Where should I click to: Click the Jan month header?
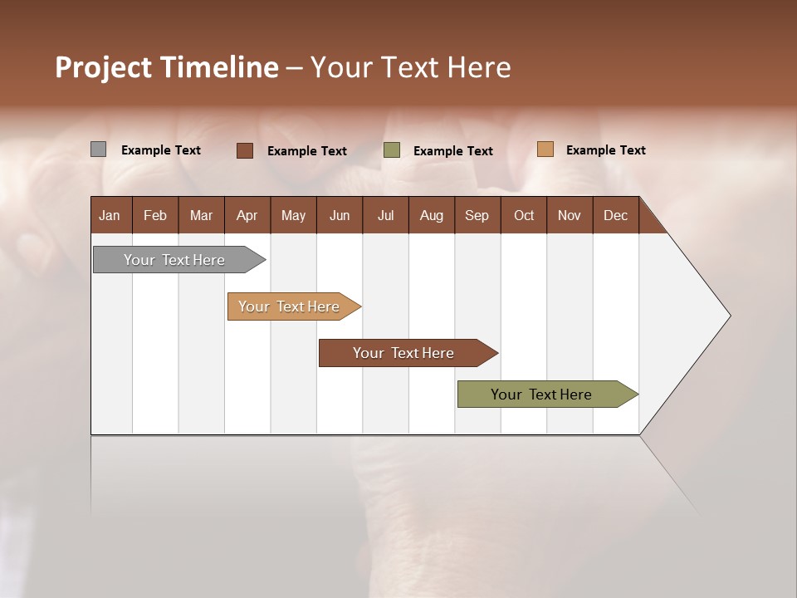[110, 215]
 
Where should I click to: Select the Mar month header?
[201, 215]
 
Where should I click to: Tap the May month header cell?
[293, 215]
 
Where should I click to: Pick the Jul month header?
[385, 215]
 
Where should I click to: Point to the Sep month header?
[477, 215]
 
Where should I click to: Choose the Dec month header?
[615, 215]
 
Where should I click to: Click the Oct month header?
[524, 215]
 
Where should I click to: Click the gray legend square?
[99, 149]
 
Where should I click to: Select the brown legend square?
[245, 150]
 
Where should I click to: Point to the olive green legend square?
[392, 150]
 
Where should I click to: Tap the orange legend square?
[545, 149]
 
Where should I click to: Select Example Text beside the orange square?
[605, 150]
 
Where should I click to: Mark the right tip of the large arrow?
[729, 316]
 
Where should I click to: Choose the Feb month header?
[155, 215]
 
